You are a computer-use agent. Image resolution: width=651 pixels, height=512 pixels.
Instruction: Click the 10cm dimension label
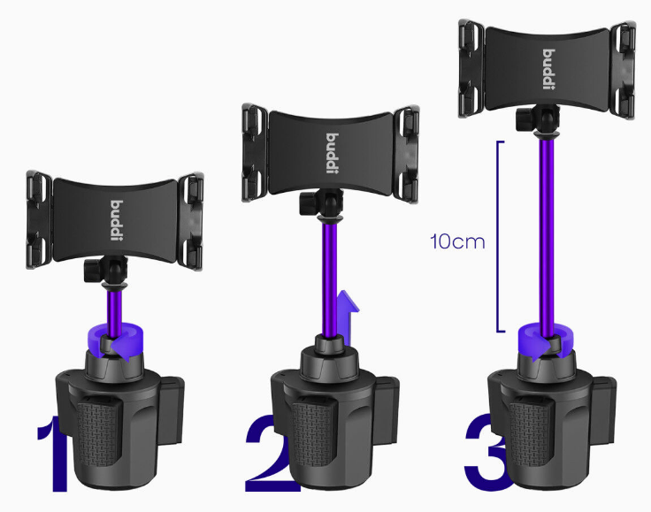pos(457,241)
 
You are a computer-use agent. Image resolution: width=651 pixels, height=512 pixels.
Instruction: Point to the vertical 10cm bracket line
pos(498,236)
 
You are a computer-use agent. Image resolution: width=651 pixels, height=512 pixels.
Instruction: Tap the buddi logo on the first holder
pos(117,220)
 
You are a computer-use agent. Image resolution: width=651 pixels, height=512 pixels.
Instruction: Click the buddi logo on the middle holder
pos(333,154)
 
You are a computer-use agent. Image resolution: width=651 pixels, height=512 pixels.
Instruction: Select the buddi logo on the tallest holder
pos(549,69)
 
